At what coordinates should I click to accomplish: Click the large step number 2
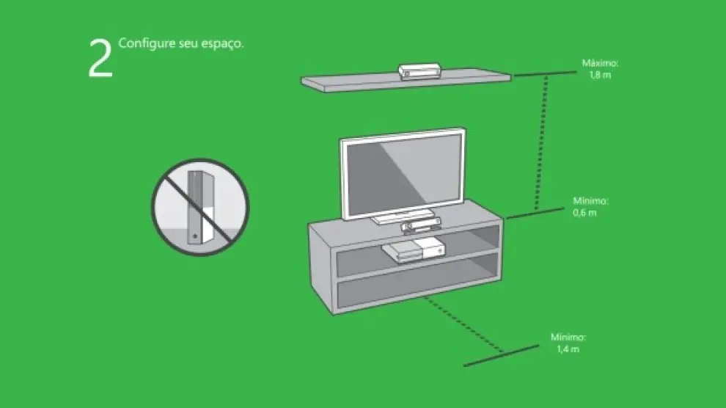(x=100, y=58)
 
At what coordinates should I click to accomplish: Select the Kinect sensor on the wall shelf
(x=419, y=71)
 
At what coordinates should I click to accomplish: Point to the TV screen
(x=403, y=175)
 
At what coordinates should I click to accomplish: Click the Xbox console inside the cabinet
(x=414, y=250)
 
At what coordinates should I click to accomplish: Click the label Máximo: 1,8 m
(x=600, y=68)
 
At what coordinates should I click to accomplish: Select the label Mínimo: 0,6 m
(x=590, y=206)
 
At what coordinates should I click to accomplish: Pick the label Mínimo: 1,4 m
(x=568, y=343)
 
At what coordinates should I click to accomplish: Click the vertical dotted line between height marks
(x=541, y=143)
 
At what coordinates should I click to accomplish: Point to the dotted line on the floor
(x=463, y=324)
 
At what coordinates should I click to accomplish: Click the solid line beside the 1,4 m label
(x=502, y=355)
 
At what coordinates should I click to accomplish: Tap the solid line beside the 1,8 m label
(x=545, y=73)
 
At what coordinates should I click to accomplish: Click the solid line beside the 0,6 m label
(x=535, y=213)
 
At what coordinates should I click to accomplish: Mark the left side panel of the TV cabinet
(x=321, y=269)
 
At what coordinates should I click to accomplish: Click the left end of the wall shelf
(x=302, y=81)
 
